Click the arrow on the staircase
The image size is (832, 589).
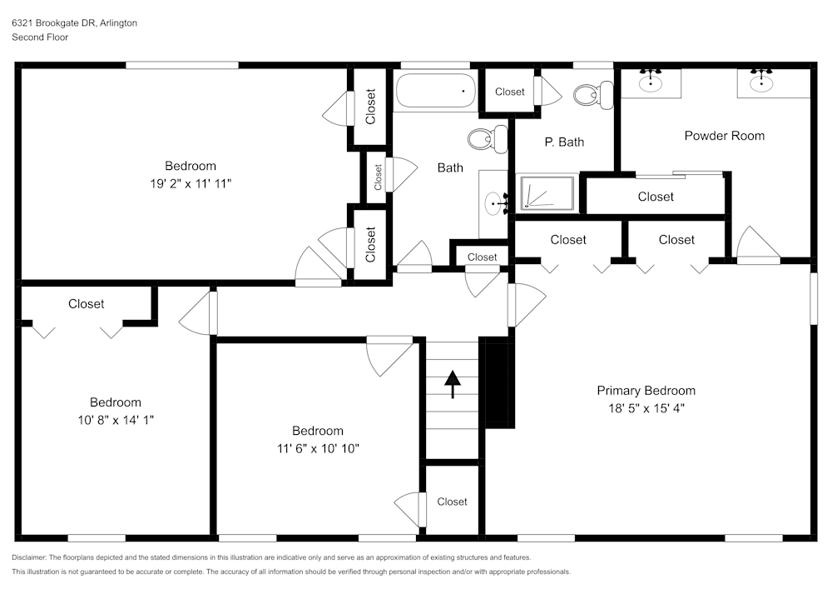coord(453,383)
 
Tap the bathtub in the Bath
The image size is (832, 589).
coord(435,92)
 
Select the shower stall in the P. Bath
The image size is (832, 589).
coord(547,193)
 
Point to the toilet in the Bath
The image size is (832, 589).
coord(487,139)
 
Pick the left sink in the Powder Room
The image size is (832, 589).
coord(651,82)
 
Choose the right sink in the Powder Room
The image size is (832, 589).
coord(760,82)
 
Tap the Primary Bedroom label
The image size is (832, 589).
coord(646,391)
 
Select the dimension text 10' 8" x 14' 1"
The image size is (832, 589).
coord(115,420)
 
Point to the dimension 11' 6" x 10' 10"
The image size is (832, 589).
coord(317,448)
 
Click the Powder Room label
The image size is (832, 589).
coord(724,136)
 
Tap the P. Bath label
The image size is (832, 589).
coord(564,142)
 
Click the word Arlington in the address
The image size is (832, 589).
coord(119,23)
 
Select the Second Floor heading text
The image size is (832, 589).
coord(40,37)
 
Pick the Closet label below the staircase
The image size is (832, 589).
coord(452,502)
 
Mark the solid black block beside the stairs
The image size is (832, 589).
coord(497,384)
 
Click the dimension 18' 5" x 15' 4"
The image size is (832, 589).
coord(646,408)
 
